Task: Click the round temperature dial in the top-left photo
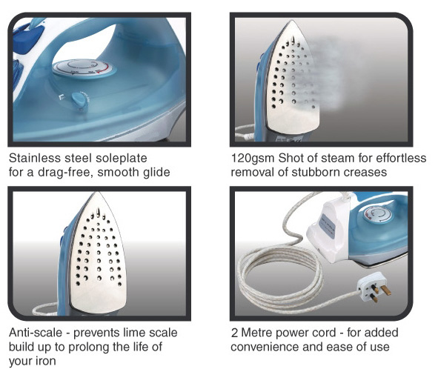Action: tap(84, 68)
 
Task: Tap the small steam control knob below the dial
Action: tap(79, 100)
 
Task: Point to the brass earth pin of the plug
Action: tap(386, 290)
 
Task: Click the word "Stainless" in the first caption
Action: tap(35, 158)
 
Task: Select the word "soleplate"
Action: tap(122, 159)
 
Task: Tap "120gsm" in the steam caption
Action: tap(253, 159)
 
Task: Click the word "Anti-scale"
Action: tap(36, 333)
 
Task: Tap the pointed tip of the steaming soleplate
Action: tap(292, 20)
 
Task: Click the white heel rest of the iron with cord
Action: tap(328, 232)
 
